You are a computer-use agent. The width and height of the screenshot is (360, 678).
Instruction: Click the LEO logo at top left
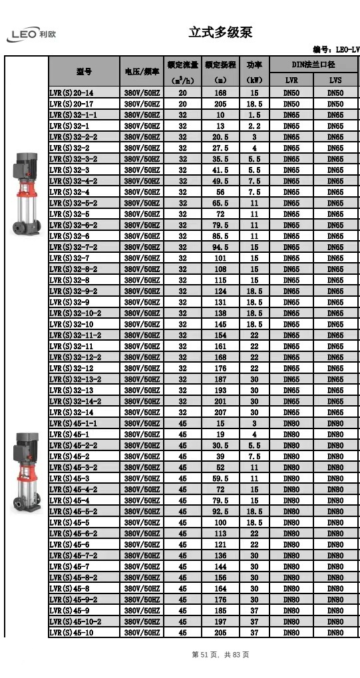click(31, 35)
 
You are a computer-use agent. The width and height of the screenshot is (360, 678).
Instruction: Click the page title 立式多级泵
click(220, 32)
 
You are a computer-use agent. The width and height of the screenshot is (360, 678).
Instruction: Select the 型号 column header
click(84, 71)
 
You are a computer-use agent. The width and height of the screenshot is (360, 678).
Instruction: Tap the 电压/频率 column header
click(141, 71)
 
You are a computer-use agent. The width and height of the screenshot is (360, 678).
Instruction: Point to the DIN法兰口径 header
click(313, 65)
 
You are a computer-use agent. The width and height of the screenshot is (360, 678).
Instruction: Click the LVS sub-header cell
click(335, 80)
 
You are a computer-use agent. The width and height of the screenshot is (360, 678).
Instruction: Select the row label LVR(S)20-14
click(71, 93)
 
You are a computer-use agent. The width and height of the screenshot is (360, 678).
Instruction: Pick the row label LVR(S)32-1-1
click(73, 115)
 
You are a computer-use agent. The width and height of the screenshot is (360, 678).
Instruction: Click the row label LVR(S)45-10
click(71, 633)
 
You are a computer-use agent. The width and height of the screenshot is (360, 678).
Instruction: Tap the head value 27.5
click(220, 148)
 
